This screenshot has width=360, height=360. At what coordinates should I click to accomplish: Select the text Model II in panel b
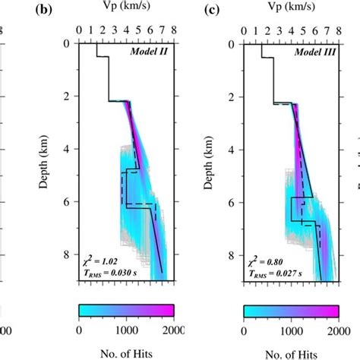click(155, 52)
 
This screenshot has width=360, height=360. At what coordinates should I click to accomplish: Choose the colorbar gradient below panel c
click(291, 310)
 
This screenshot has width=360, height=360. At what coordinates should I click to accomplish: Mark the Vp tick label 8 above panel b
click(175, 31)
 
